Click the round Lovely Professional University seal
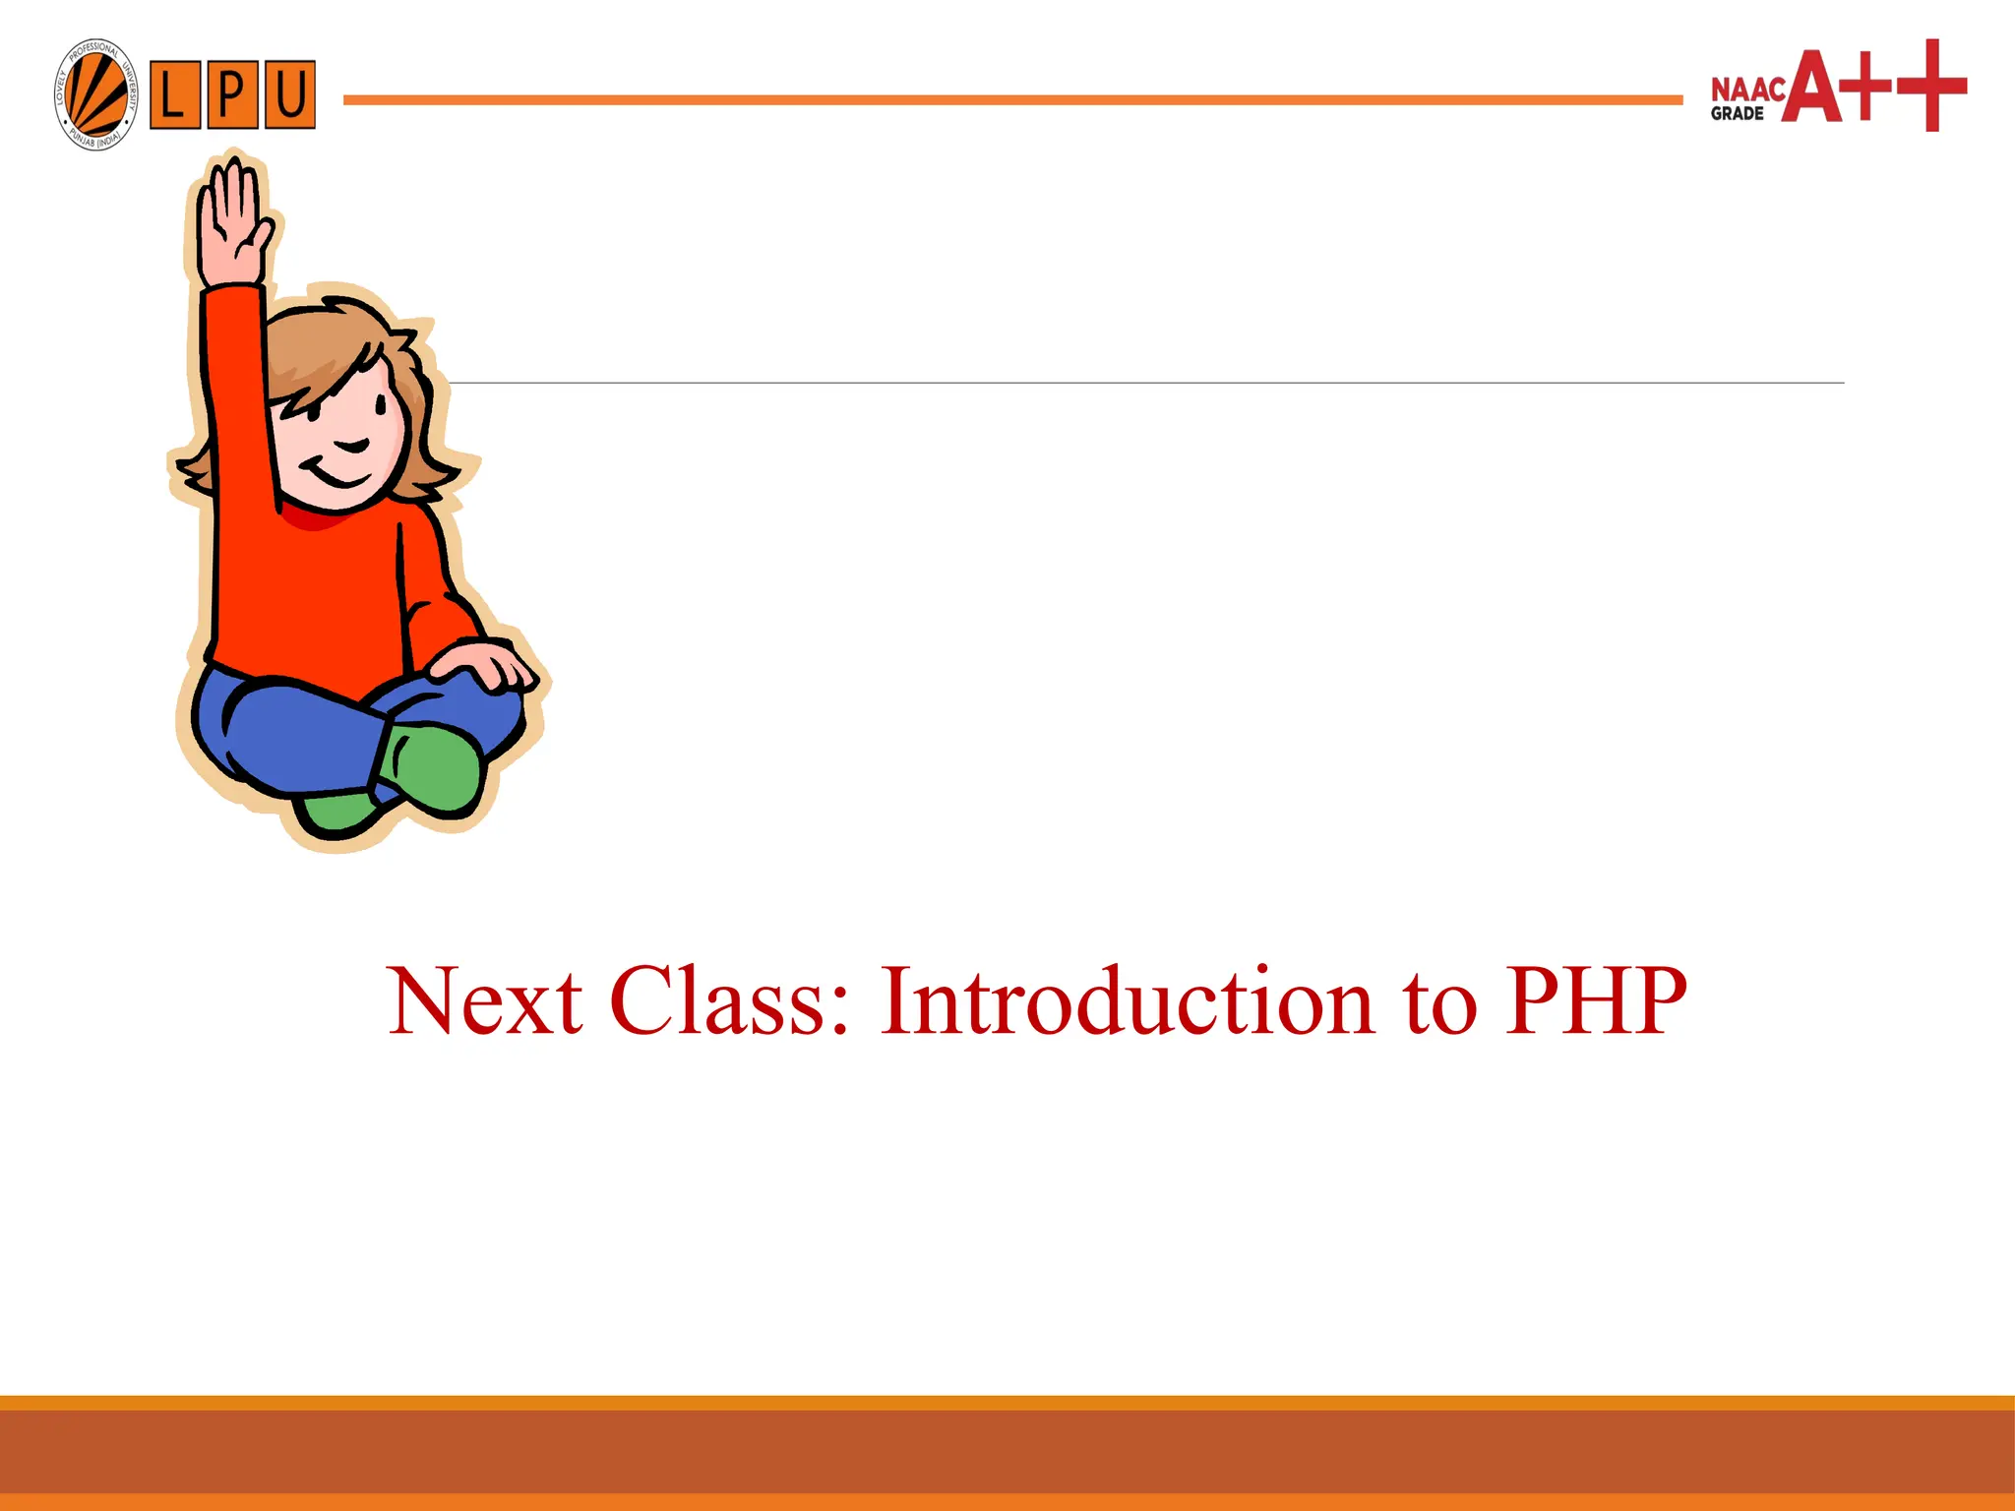[x=95, y=95]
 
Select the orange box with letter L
[x=175, y=95]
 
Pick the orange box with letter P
[x=232, y=95]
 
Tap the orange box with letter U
[x=289, y=95]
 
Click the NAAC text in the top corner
[x=1747, y=90]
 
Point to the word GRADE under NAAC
[x=1737, y=114]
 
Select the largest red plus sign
[x=1932, y=86]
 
